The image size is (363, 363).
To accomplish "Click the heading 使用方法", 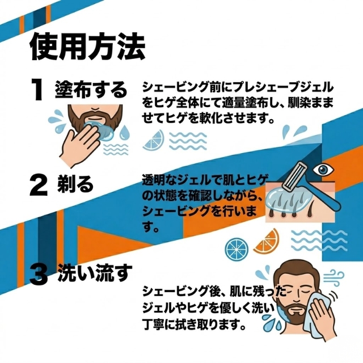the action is click(x=88, y=47).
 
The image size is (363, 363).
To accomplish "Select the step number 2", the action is click(x=39, y=185).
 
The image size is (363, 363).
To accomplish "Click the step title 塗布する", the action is click(x=91, y=90).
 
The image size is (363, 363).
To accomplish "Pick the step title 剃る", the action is click(x=75, y=184).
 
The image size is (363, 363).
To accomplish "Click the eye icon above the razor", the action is click(x=323, y=170).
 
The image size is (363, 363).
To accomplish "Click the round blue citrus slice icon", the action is click(x=237, y=249).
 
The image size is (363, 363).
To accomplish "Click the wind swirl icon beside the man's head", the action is click(x=334, y=277).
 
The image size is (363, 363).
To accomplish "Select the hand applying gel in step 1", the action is click(x=80, y=146).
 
